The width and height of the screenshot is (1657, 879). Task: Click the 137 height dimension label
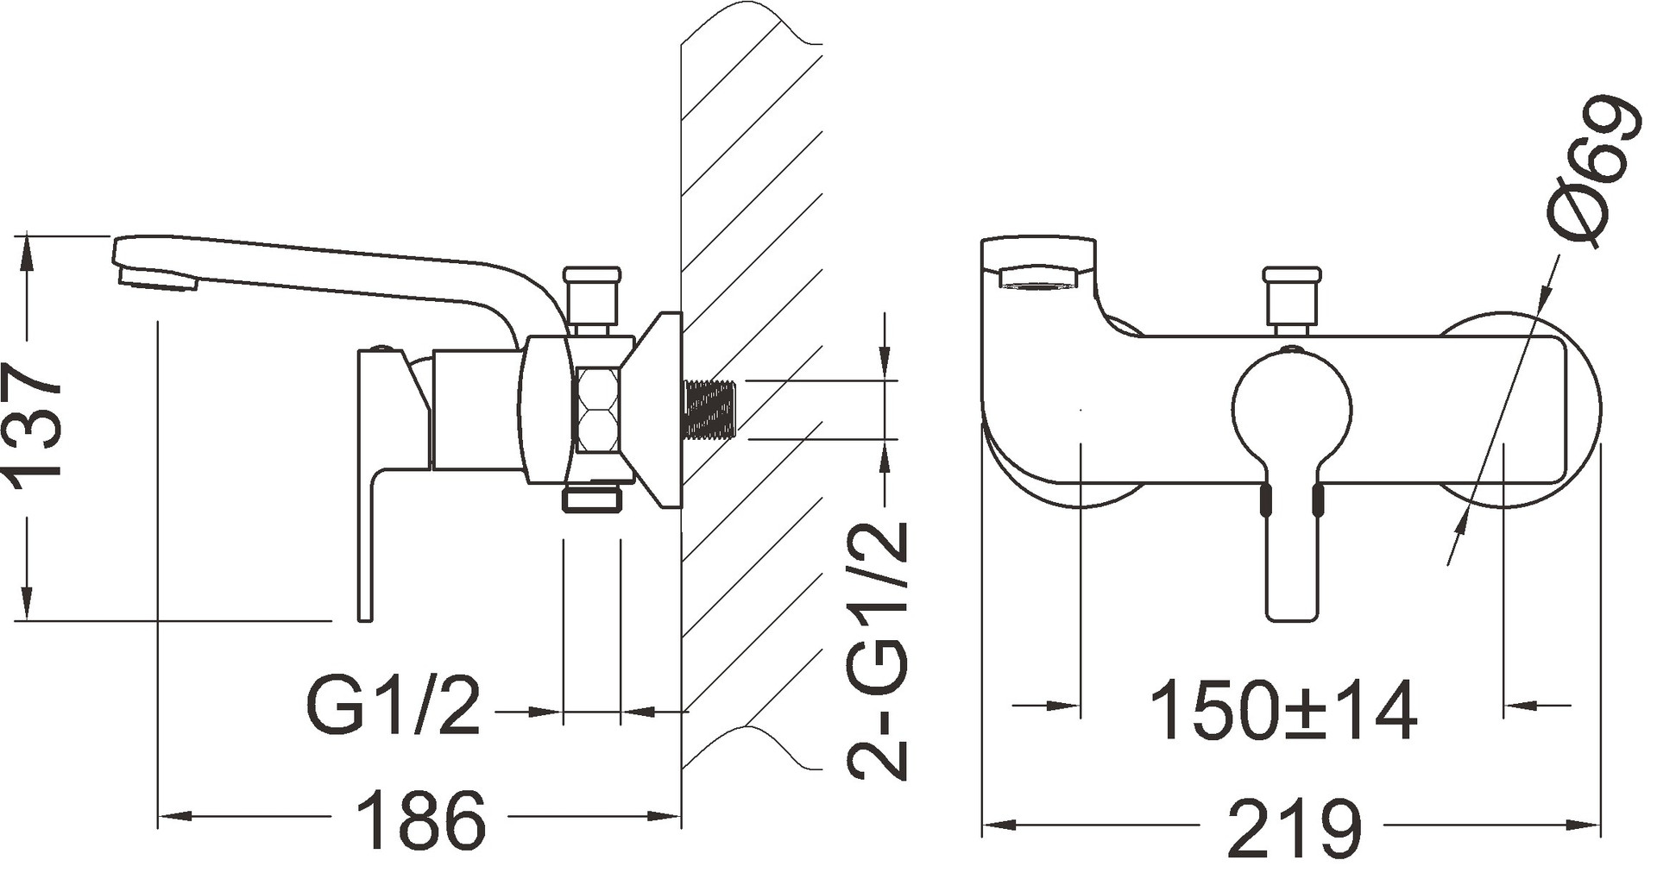pos(35,424)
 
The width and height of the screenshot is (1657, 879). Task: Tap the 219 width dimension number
pos(1295,827)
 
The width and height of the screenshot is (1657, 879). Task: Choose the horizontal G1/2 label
pos(393,707)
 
